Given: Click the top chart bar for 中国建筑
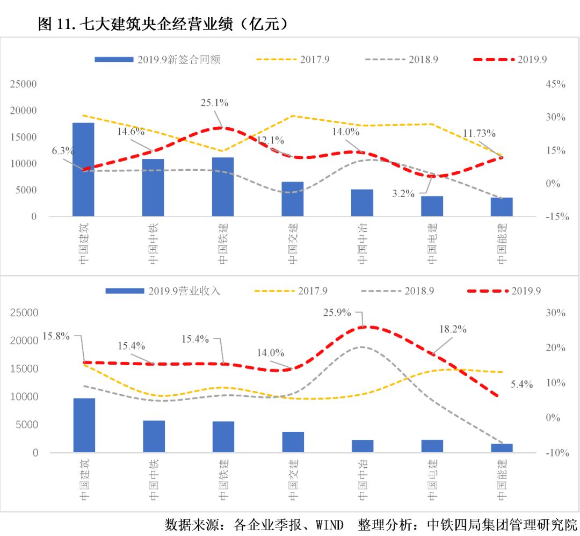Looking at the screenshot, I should [83, 169].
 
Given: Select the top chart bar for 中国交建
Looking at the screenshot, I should [293, 199].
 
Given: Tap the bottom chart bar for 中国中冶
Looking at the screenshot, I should [362, 446].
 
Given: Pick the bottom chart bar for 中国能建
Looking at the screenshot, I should [502, 448].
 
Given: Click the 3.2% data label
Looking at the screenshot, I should [403, 194].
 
